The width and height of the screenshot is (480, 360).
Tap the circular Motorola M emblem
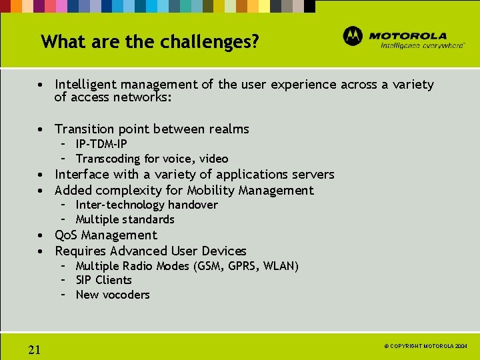[353, 36]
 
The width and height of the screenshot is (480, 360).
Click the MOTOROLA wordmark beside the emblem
[408, 35]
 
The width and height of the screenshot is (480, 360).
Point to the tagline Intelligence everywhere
[422, 46]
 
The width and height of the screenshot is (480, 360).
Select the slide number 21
[35, 349]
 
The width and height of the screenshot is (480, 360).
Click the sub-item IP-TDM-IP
[101, 144]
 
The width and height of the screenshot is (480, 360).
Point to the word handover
[193, 205]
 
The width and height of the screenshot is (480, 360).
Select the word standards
[150, 219]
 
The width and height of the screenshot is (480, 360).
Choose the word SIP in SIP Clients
[83, 280]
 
